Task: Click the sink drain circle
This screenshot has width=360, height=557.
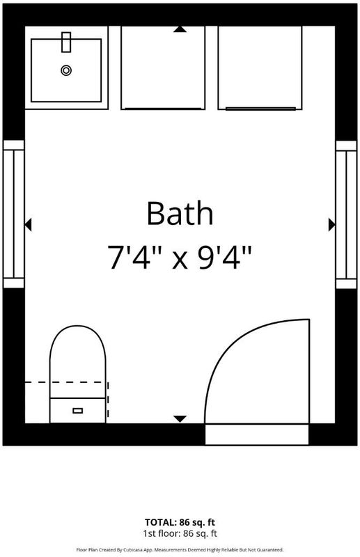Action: pos(65,70)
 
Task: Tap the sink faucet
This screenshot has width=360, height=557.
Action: pos(66,42)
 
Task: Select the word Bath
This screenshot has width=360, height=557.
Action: pos(180,213)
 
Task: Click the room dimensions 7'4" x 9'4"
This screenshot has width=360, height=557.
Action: pos(180,257)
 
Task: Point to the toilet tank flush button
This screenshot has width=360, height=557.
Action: pos(77,411)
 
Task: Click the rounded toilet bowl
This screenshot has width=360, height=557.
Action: pos(78,361)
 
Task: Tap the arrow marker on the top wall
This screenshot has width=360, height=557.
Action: pos(180,29)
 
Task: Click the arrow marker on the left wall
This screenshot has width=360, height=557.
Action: pos(28,225)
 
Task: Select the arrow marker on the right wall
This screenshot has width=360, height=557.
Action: pos(332,225)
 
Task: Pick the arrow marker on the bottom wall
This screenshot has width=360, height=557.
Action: pos(180,419)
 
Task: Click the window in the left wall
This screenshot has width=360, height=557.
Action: pos(13,214)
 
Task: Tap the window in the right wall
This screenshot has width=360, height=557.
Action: pos(346,214)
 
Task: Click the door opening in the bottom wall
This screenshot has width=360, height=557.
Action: pos(257,434)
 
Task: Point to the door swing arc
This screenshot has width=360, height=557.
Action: pos(228,347)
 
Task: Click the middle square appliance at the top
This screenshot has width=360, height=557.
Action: pos(163,68)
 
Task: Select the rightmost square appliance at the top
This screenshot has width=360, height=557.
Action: pos(260,68)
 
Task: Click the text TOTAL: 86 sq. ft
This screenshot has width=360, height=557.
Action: pos(180,522)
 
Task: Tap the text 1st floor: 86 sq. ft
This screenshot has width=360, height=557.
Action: pos(180,533)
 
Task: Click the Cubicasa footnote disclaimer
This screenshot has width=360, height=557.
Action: pos(180,550)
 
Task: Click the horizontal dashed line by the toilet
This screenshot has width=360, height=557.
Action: pos(64,382)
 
